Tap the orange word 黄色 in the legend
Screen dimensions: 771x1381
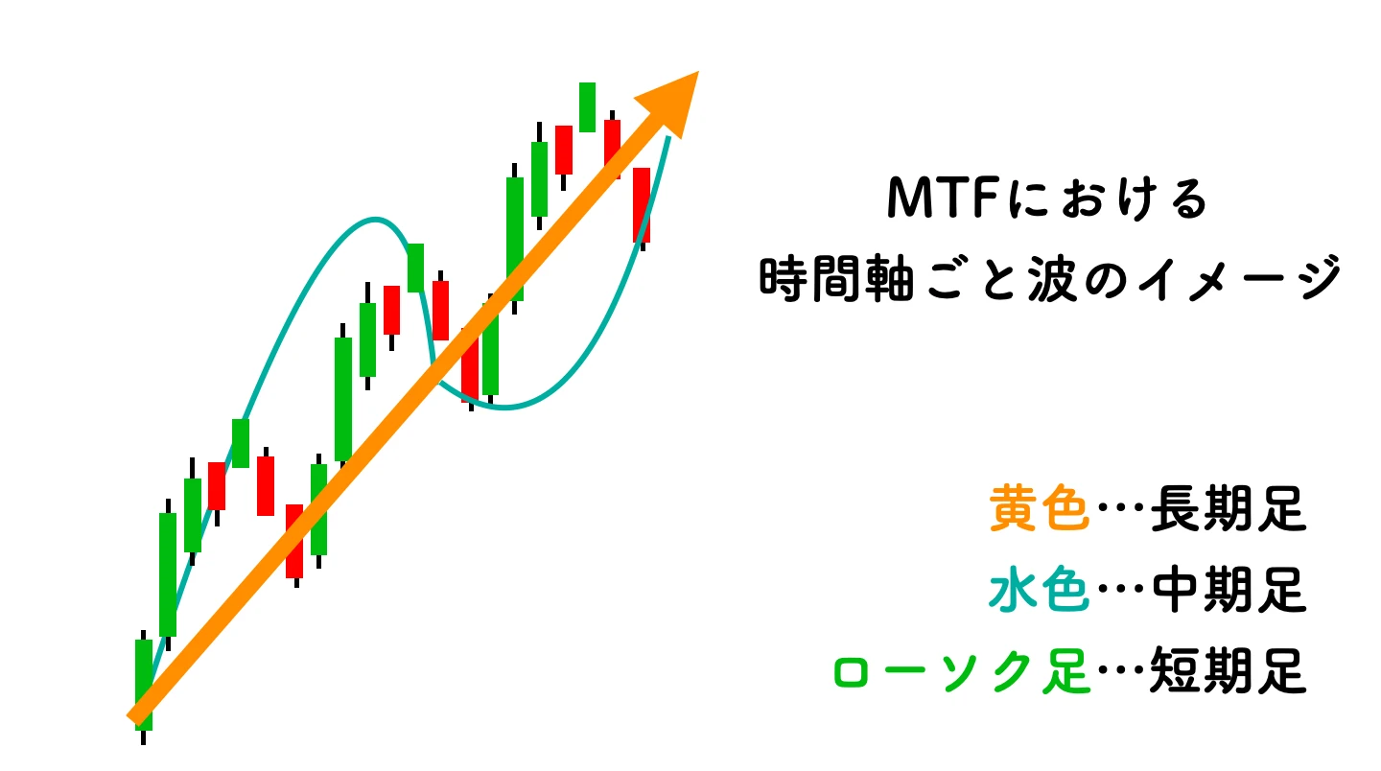1040,508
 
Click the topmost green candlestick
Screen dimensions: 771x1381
587,106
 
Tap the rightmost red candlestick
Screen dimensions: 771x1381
642,204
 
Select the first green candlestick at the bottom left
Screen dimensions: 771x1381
144,685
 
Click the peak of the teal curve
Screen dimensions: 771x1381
377,219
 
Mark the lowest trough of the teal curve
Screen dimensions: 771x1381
503,409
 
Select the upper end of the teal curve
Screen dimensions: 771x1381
668,139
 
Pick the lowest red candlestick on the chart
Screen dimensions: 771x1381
294,541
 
